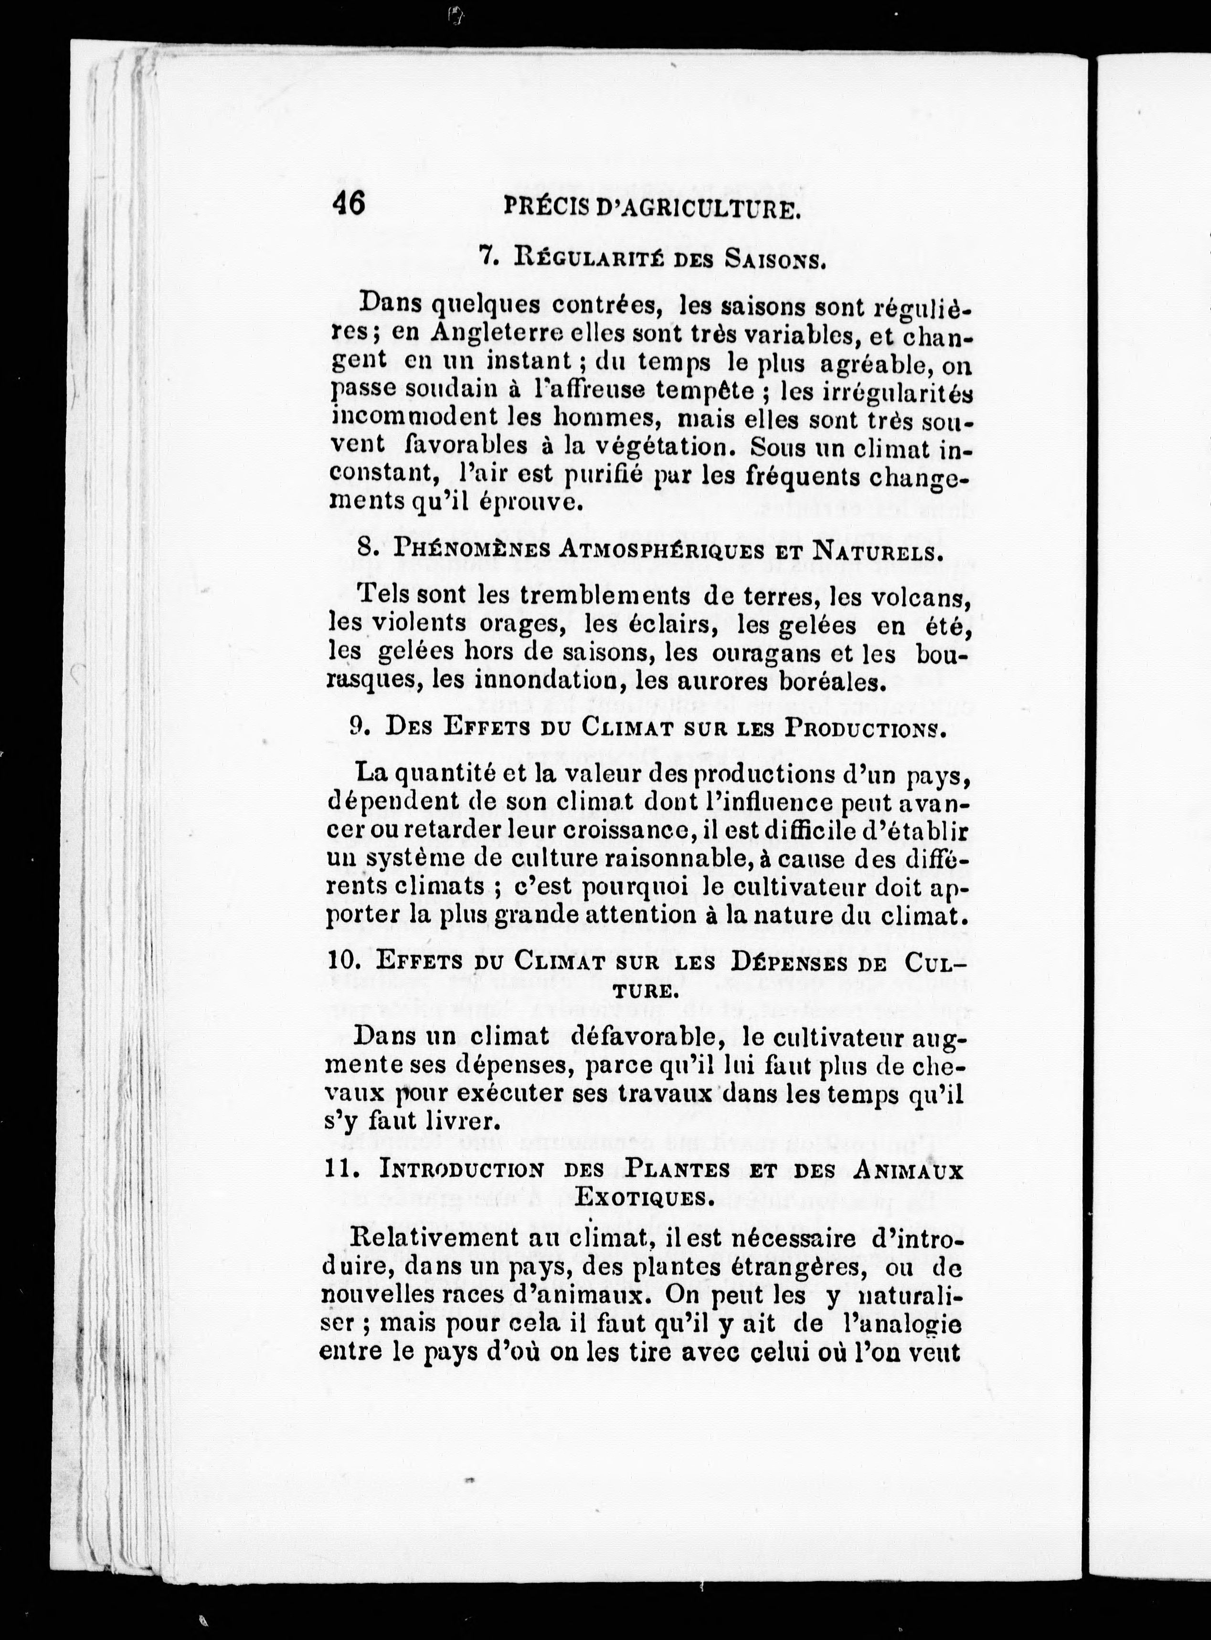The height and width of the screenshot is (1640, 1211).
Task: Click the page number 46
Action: tap(349, 203)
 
